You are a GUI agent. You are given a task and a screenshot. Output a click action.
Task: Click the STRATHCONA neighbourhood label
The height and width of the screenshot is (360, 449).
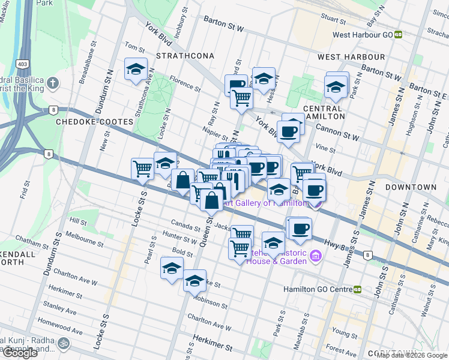point(185,56)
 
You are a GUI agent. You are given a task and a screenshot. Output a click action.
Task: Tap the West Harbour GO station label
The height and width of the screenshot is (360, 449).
point(363,35)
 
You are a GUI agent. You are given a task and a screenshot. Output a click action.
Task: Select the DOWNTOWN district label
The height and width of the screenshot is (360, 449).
point(411,187)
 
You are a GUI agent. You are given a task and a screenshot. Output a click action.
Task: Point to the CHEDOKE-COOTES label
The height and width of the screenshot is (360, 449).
point(94,122)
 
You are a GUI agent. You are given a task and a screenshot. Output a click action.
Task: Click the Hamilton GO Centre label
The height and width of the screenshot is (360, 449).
point(317,289)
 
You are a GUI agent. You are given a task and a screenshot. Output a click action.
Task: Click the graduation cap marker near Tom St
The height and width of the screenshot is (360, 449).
point(136,69)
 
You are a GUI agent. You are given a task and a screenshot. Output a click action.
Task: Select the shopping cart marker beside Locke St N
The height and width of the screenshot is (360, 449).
point(143,169)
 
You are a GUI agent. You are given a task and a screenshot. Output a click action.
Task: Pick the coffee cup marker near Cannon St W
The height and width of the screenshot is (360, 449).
point(288,131)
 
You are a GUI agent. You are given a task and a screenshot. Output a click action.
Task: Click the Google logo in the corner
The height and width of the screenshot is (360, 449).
point(20,352)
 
